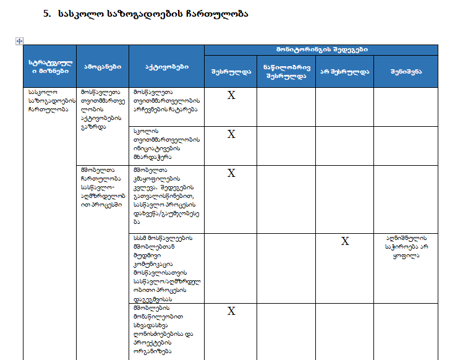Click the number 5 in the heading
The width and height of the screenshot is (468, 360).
pyautogui.click(x=46, y=13)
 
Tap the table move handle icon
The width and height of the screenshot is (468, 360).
pyautogui.click(x=19, y=41)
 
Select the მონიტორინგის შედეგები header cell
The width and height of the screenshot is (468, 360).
pyautogui.click(x=321, y=49)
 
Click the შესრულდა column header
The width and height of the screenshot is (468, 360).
pyautogui.click(x=231, y=71)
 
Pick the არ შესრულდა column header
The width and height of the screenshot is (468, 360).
pyautogui.click(x=344, y=71)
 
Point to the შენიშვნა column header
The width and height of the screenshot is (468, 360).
pyautogui.click(x=406, y=71)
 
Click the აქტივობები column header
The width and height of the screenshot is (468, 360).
pyautogui.click(x=166, y=66)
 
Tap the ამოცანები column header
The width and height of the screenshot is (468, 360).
pyautogui.click(x=102, y=66)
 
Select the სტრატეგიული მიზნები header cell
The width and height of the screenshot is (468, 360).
pyautogui.click(x=49, y=66)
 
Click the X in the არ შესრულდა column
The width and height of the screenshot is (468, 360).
pyautogui.click(x=345, y=241)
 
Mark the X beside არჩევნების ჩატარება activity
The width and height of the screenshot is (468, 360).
pyautogui.click(x=231, y=95)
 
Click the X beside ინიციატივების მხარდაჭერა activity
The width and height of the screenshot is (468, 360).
pyautogui.click(x=231, y=134)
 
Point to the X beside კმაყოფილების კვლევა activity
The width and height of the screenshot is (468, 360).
pyautogui.click(x=231, y=173)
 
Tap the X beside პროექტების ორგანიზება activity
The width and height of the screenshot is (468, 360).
pyautogui.click(x=231, y=311)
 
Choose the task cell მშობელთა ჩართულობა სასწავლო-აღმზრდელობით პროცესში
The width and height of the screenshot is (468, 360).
pyautogui.click(x=102, y=186)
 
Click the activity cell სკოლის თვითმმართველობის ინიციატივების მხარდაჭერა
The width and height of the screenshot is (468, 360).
pyautogui.click(x=166, y=144)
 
